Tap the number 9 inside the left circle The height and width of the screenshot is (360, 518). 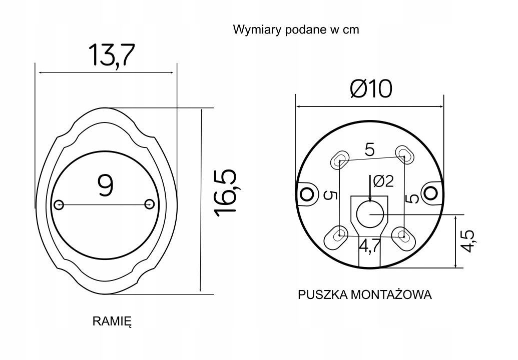pos(106,185)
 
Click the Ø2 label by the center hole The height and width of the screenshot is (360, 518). pos(383,181)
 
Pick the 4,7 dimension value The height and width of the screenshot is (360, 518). pos(370,246)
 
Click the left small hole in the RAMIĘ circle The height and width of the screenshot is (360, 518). pos(59,204)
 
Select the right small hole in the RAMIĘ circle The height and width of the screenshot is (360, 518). pos(149,204)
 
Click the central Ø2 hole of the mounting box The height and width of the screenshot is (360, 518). pos(370,214)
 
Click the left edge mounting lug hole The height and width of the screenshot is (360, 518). pos(304,192)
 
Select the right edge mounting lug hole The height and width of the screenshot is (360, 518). pos(431,191)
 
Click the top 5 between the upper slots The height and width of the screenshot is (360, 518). pos(369,149)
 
